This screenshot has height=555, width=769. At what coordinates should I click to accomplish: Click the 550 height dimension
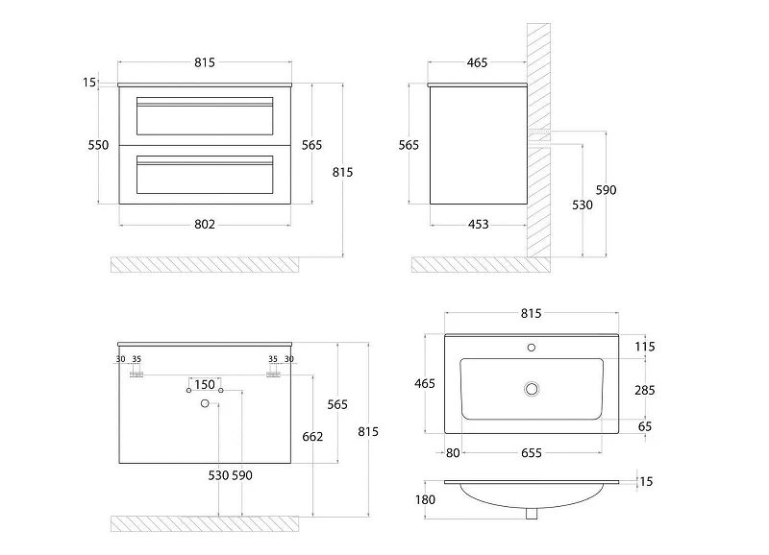[x=98, y=145]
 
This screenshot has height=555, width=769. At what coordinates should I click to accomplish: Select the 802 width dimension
[x=205, y=225]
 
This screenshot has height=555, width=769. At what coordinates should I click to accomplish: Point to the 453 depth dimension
[x=478, y=225]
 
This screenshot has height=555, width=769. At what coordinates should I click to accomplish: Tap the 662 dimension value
[x=312, y=437]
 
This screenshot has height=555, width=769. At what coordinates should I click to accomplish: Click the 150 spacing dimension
[x=205, y=384]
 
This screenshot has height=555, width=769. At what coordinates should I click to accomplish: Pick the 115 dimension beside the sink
[x=644, y=347]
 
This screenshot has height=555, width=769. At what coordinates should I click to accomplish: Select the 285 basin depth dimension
[x=644, y=391]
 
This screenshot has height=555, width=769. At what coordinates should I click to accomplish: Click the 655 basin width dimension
[x=532, y=453]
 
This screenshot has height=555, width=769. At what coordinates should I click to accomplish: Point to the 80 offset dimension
[x=453, y=453]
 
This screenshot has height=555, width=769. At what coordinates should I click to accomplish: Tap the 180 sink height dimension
[x=425, y=499]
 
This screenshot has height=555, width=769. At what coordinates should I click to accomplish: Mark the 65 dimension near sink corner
[x=644, y=426]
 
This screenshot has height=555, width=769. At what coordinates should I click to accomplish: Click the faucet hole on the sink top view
[x=532, y=348]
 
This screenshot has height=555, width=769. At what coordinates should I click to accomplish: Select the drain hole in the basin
[x=532, y=389]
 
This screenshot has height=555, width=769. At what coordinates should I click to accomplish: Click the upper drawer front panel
[x=205, y=116]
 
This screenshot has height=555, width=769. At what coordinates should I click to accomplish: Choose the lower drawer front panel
[x=205, y=175]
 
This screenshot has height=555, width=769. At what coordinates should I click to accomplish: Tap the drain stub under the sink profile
[x=532, y=514]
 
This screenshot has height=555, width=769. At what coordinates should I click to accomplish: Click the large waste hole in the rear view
[x=205, y=403]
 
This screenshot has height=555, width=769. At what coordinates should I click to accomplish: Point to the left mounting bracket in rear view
[x=136, y=374]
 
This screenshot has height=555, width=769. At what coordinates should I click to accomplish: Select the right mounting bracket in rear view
[x=273, y=374]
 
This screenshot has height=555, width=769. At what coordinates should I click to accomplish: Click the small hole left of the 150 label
[x=188, y=390]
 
